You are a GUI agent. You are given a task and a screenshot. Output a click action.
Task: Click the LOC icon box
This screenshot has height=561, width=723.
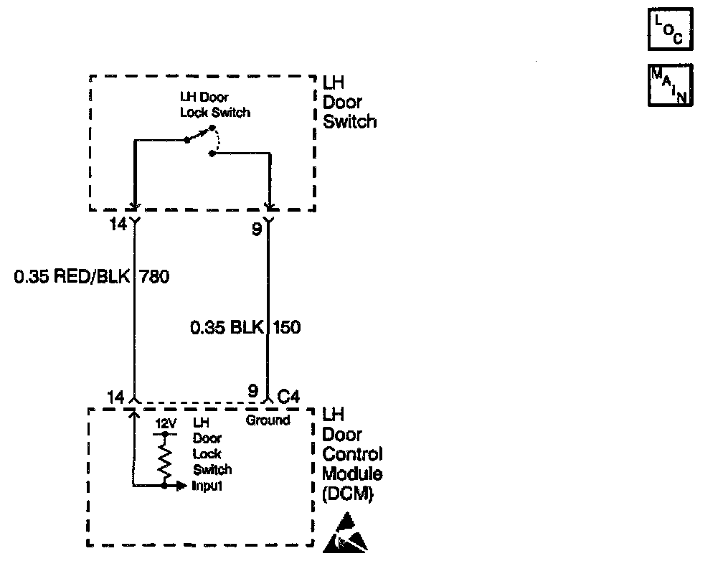coord(671,30)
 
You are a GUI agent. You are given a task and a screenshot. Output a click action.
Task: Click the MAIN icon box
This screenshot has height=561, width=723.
coord(671,85)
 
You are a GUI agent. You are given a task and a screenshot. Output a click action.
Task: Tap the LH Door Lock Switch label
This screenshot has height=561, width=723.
coord(214,105)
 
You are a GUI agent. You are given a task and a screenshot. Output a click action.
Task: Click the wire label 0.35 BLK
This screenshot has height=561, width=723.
coord(227,328)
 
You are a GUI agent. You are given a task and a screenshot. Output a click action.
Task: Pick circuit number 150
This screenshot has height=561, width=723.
coord(285,328)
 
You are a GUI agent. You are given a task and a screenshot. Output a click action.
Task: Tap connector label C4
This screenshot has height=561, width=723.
coord(290,394)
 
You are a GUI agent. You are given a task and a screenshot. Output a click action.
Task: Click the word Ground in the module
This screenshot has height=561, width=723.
coord(268,420)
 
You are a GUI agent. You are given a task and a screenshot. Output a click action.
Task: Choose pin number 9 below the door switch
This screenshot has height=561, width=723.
coord(257,230)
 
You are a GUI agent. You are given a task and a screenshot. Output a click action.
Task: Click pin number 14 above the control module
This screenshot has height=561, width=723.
coord(115,395)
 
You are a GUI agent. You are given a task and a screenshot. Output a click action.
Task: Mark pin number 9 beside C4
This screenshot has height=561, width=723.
coord(252,391)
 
